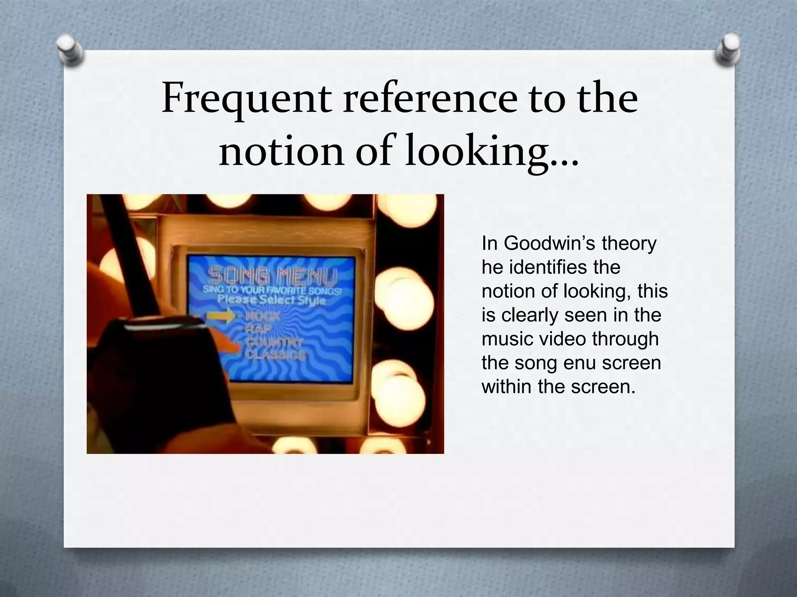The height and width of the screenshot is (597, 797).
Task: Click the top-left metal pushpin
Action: [x=70, y=51]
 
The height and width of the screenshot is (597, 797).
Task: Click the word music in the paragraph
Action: [x=502, y=339]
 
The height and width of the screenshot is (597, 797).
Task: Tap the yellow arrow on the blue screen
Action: [x=220, y=316]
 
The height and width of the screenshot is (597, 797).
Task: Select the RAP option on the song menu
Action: [x=259, y=329]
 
